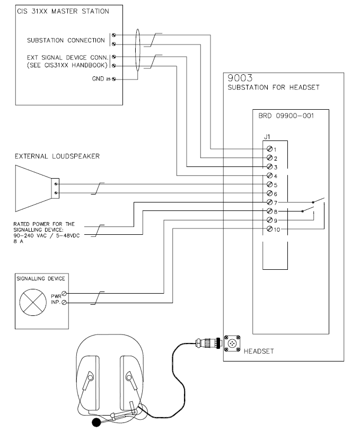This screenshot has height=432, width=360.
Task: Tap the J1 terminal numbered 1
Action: (270, 149)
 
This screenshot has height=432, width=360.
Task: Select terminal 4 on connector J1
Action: (270, 175)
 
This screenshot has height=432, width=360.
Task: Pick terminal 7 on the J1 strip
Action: (270, 202)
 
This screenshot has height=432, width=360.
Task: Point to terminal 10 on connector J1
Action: (270, 228)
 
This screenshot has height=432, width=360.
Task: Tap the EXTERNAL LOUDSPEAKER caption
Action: (58, 156)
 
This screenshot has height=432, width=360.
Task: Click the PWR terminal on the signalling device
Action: (65, 293)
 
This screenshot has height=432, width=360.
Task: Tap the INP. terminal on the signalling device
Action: (65, 303)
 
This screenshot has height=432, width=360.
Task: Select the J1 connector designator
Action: (267, 137)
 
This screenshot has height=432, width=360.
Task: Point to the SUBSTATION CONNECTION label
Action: (66, 40)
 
